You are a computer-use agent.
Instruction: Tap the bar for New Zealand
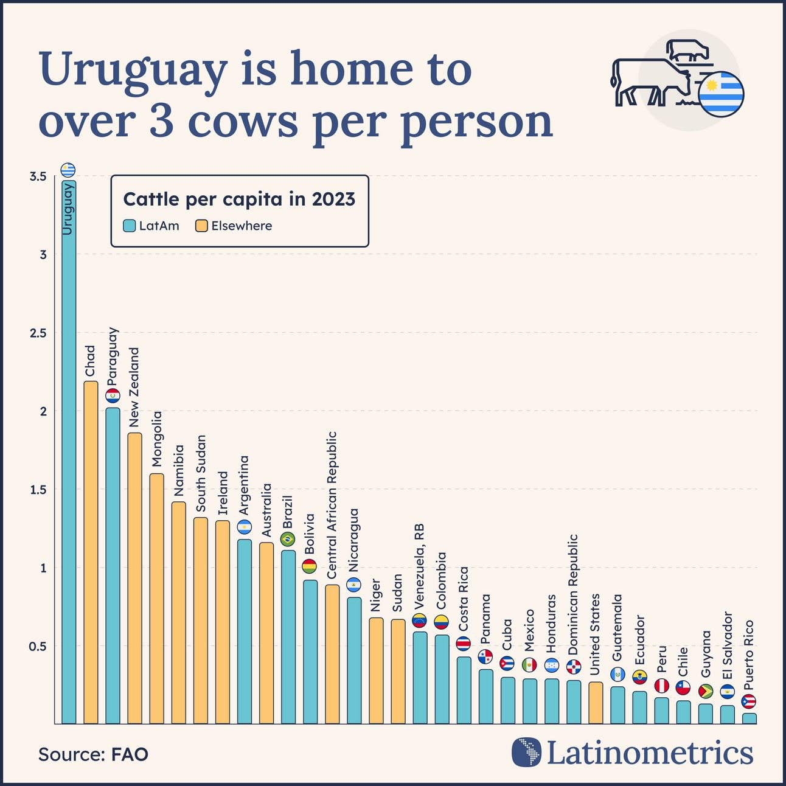point(134,578)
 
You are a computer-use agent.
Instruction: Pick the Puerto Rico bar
point(749,718)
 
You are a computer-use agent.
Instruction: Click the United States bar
point(596,703)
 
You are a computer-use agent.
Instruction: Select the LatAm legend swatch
point(129,226)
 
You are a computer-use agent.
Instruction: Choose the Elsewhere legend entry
point(234,226)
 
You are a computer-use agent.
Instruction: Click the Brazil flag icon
point(288,539)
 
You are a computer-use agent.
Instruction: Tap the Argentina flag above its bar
point(244,527)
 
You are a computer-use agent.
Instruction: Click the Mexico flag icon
point(529,664)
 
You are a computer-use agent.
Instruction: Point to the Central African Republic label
point(332,505)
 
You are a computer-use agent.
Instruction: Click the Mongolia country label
point(156,439)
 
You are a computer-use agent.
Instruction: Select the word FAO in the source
point(130,754)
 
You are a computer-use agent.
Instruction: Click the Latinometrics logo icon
point(526,753)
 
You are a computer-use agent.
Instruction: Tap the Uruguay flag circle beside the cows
point(721,94)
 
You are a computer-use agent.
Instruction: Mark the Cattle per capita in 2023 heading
point(239,200)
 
